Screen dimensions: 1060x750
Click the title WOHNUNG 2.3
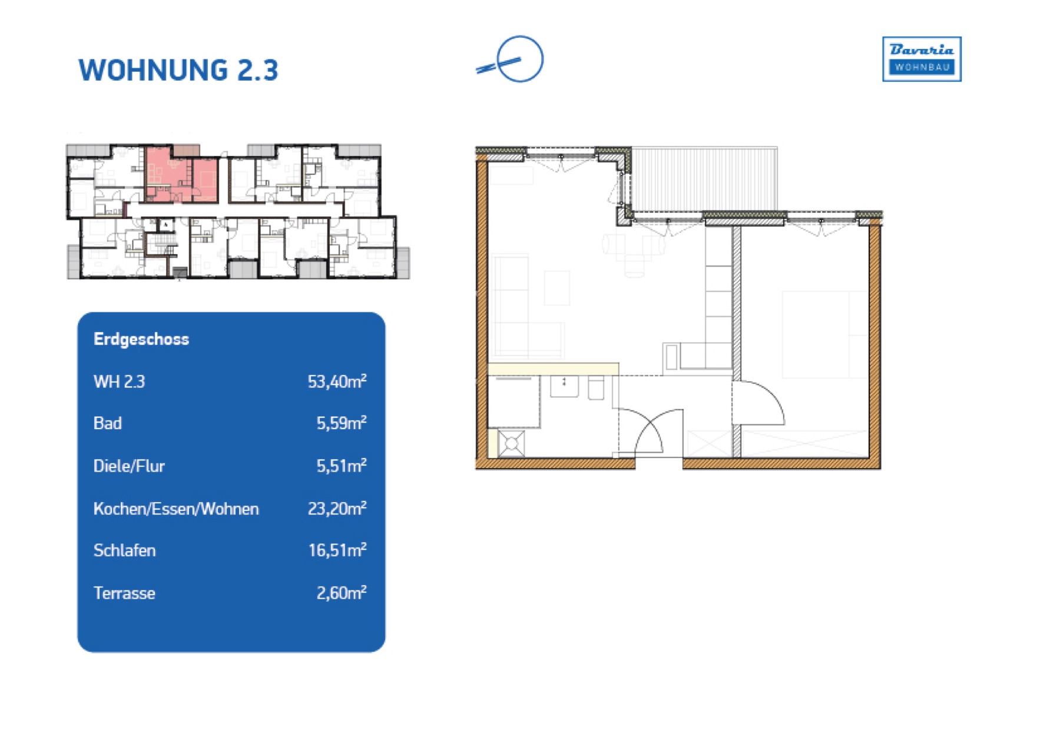pyautogui.click(x=178, y=70)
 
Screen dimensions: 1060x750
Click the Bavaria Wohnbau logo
pyautogui.click(x=922, y=59)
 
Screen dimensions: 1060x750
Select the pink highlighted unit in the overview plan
pyautogui.click(x=181, y=174)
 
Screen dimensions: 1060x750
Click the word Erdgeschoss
pyautogui.click(x=141, y=339)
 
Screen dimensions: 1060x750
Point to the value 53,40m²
pyautogui.click(x=337, y=381)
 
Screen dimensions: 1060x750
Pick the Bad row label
pyautogui.click(x=108, y=423)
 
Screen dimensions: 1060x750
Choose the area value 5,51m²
pyautogui.click(x=342, y=466)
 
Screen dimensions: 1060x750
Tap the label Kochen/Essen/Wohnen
pyautogui.click(x=176, y=509)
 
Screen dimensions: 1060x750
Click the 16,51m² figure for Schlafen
pyautogui.click(x=337, y=550)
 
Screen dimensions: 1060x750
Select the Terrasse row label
pyautogui.click(x=124, y=593)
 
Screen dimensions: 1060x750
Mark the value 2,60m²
pyautogui.click(x=342, y=592)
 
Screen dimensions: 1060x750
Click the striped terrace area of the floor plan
pyautogui.click(x=704, y=179)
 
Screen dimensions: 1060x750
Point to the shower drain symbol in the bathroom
pyautogui.click(x=511, y=443)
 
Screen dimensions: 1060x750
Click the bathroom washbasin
pyautogui.click(x=564, y=386)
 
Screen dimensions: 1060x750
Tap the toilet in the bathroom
pyautogui.click(x=596, y=389)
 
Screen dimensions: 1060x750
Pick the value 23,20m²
pyautogui.click(x=337, y=508)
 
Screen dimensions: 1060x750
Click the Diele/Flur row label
pyautogui.click(x=129, y=466)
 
